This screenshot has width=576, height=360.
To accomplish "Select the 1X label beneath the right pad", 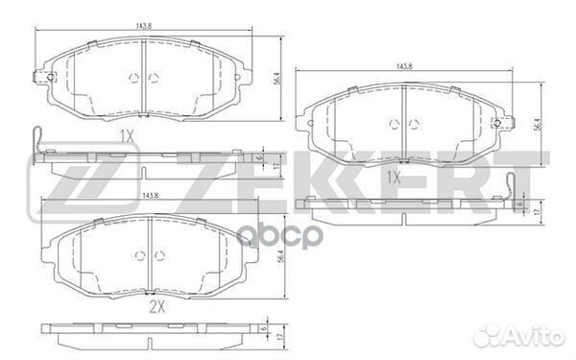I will (394, 178).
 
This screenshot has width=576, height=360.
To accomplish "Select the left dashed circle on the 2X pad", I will (137, 253).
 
